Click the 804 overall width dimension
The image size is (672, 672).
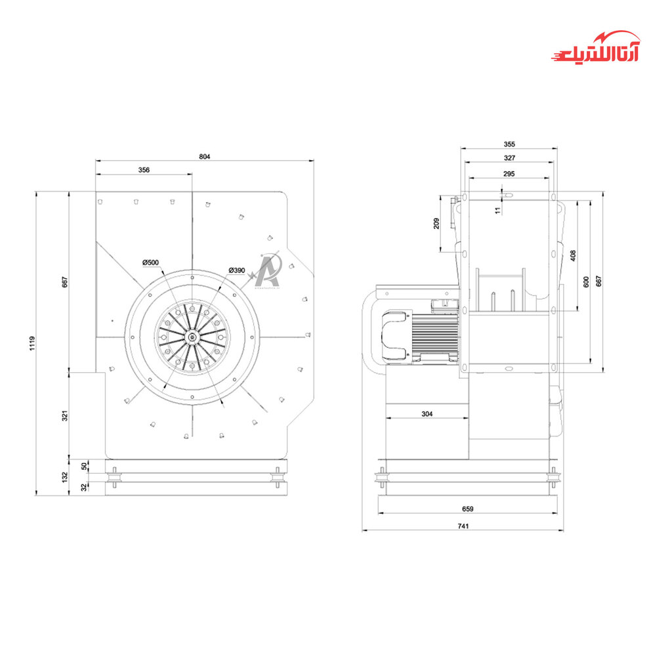click(204, 156)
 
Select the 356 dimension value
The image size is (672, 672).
click(144, 170)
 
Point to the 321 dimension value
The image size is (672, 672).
click(65, 415)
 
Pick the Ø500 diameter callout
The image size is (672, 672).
click(151, 262)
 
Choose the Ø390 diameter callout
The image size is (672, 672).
click(237, 270)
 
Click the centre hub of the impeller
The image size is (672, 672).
click(192, 337)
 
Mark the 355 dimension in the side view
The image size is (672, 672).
click(509, 144)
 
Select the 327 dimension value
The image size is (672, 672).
click(509, 158)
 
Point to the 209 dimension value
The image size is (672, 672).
click(437, 223)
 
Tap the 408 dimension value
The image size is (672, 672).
click(573, 255)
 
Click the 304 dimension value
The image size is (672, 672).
click(427, 414)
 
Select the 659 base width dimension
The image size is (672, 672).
click(468, 509)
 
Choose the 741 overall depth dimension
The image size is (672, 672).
click(463, 526)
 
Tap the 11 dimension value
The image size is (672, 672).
click(497, 210)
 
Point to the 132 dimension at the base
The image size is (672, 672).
click(65, 477)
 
